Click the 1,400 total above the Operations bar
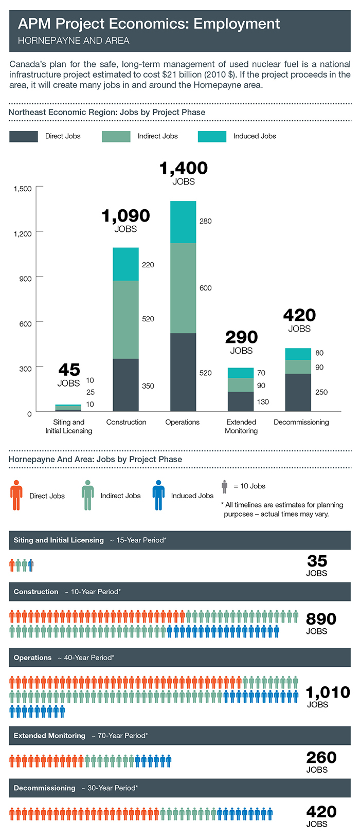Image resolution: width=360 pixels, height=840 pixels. [184, 168]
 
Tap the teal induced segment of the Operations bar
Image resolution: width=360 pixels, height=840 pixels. [183, 222]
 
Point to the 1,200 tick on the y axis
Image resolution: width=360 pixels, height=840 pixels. [23, 233]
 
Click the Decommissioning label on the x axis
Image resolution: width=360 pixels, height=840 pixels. [301, 422]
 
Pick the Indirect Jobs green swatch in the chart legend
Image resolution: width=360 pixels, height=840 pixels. [116, 136]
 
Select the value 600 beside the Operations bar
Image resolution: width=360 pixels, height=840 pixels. [205, 288]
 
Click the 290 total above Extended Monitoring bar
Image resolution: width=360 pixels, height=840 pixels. [241, 337]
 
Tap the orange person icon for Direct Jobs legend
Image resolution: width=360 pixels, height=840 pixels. [16, 496]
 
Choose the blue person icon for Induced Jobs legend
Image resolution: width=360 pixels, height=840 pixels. [158, 496]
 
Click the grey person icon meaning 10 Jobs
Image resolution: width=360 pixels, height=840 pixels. [224, 486]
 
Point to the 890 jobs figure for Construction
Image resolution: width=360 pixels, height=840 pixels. [321, 619]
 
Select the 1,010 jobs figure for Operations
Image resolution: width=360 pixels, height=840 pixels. [328, 692]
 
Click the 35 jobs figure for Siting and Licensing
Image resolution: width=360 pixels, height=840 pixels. [317, 561]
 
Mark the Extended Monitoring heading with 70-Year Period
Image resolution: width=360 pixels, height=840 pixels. [81, 736]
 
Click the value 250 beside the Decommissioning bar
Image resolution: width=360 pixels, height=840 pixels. [321, 392]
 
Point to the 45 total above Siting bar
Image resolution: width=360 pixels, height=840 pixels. [69, 370]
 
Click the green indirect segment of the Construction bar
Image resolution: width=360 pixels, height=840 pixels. [125, 319]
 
